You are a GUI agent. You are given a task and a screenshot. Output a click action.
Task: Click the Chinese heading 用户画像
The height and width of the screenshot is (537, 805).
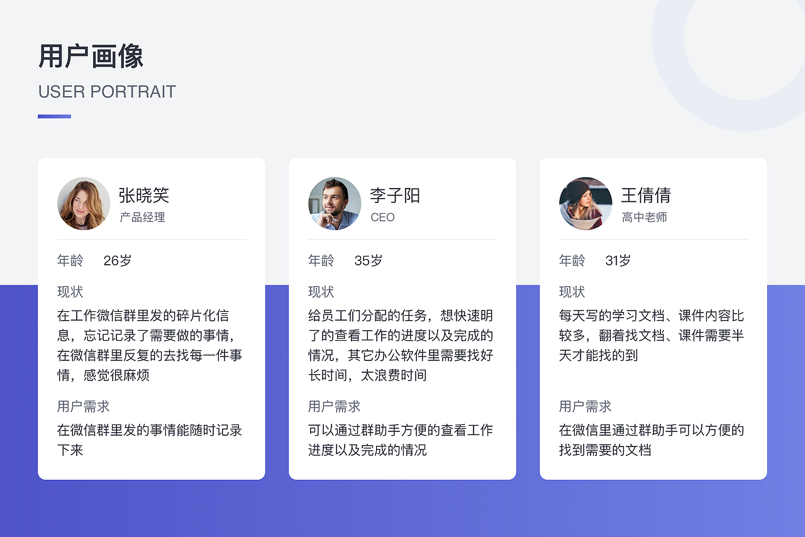coord(91,57)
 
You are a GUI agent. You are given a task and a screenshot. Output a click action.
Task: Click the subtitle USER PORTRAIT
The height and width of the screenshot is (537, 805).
coord(107,92)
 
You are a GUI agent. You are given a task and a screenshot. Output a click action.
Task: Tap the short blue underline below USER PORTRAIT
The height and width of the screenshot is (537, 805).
coord(54,116)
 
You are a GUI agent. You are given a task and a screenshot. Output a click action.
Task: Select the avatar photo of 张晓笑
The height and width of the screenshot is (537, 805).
coord(84,203)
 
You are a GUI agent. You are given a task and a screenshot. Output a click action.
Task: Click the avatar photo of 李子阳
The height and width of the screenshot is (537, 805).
coord(335,203)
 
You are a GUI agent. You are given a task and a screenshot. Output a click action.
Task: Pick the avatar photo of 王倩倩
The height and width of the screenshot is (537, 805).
coord(586,203)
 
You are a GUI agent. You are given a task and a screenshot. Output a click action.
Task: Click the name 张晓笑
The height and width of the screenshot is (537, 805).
coord(144,196)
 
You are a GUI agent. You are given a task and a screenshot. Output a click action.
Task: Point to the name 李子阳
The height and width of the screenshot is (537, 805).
coord(395,196)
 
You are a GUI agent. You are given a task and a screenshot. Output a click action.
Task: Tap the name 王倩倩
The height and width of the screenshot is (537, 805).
coord(646,196)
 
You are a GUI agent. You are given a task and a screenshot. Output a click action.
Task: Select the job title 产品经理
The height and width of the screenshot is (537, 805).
coord(142,218)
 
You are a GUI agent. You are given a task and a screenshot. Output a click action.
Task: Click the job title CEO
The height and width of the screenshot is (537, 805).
coord(382,218)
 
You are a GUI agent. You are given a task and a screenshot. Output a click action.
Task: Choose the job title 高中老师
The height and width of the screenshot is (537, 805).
coord(644,218)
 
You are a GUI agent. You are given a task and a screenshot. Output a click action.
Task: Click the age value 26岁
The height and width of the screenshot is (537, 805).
coord(118,260)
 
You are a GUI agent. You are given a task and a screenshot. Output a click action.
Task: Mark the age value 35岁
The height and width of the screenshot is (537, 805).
coord(369,260)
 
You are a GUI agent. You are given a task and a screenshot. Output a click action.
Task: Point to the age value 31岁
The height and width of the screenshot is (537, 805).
coord(618,260)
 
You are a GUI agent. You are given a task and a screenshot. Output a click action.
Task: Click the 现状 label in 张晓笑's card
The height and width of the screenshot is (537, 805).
coord(70,292)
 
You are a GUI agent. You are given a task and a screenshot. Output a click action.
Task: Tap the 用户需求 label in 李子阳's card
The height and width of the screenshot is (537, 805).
coord(334,406)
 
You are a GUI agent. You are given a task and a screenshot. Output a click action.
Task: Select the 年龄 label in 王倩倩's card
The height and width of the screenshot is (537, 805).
coord(572,260)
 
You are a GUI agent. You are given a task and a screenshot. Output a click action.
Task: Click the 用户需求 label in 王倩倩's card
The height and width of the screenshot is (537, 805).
coord(585,406)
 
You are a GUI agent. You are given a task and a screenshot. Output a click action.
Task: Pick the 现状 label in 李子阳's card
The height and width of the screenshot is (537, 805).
coord(321,292)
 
